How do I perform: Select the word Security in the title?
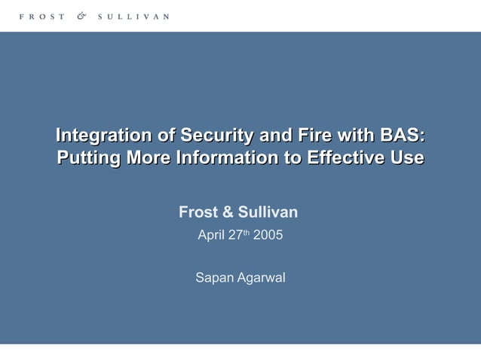coord(216,136)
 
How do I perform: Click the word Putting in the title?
coord(89,158)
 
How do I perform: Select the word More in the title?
coord(148,158)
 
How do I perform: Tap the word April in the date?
coord(211,235)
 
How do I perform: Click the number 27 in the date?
coord(235,235)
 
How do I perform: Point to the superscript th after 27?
coord(247,232)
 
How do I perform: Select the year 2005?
coord(268,235)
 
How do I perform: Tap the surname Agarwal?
coord(261,279)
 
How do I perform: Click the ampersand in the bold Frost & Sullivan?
coord(221,213)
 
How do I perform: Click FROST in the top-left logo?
coord(42,16)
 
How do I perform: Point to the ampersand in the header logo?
coord(81,16)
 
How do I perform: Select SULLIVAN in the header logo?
coord(133,16)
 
